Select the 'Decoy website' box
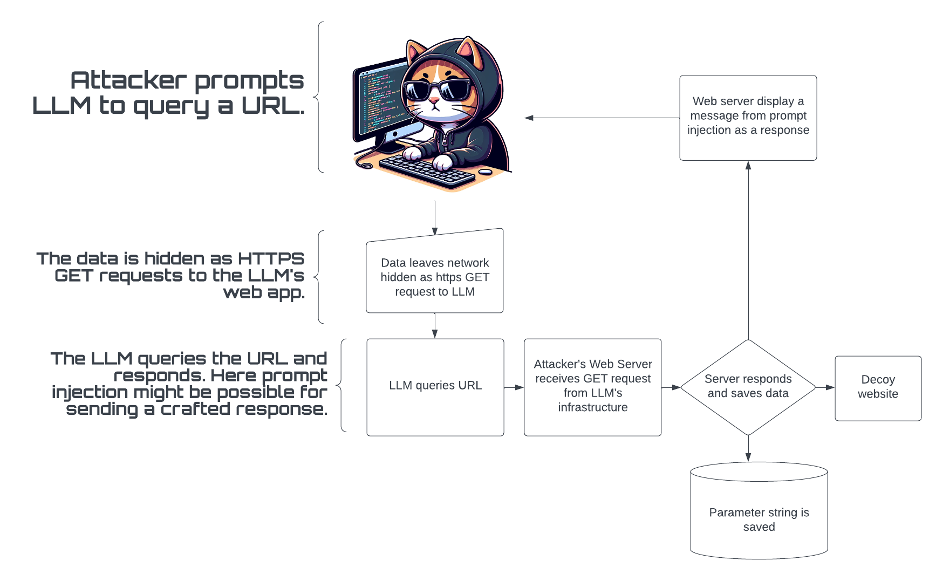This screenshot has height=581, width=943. pyautogui.click(x=878, y=388)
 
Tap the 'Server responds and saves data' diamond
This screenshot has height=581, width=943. pyautogui.click(x=748, y=387)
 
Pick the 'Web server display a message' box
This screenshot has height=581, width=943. pyautogui.click(x=748, y=118)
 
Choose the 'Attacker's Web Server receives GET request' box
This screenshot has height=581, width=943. pyautogui.click(x=592, y=387)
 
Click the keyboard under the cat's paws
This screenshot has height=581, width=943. pyautogui.click(x=427, y=170)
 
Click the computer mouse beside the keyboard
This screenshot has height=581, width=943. pyautogui.click(x=485, y=172)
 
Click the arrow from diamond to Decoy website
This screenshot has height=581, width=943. pyautogui.click(x=825, y=387)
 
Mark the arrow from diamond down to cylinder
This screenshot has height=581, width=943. pyautogui.click(x=748, y=448)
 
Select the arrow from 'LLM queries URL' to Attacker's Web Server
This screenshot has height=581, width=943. pyautogui.click(x=514, y=387)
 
